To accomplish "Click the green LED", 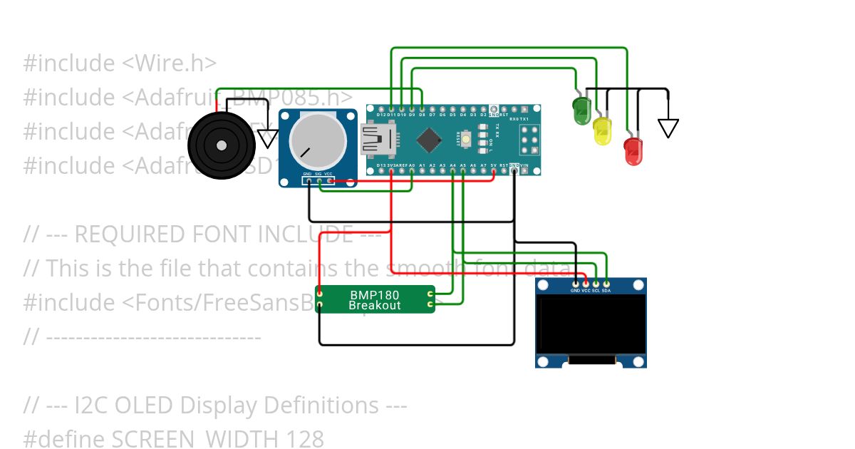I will tap(581, 109).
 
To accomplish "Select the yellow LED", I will tap(602, 131).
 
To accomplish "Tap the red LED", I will tap(633, 151).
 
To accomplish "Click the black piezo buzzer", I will tap(221, 145).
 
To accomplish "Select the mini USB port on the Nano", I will tap(373, 140).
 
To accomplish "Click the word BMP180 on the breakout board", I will tap(374, 294).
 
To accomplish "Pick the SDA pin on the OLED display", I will tap(606, 284).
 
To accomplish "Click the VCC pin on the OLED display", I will tap(586, 284).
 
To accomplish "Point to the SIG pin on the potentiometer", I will tap(318, 181).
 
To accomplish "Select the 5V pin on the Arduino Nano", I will tap(493, 172).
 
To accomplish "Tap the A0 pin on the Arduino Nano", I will tap(412, 172).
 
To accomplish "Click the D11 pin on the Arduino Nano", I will tap(391, 107).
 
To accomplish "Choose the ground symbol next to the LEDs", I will tap(668, 128).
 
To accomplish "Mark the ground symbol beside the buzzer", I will tap(267, 138).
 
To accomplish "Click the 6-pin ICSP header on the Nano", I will tap(529, 140).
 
